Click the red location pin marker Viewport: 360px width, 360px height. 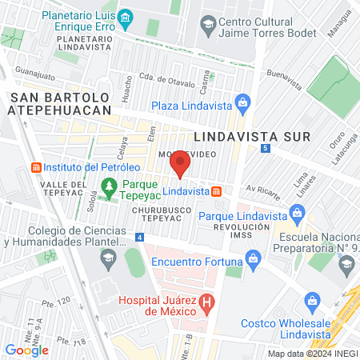pyautogui.click(x=180, y=166)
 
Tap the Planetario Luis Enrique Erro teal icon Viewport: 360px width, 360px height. pyautogui.click(x=126, y=18)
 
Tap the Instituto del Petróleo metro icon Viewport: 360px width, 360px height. pyautogui.click(x=34, y=167)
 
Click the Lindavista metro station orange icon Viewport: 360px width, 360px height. pyautogui.click(x=217, y=191)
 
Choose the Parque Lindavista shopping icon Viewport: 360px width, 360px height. pyautogui.click(x=298, y=214)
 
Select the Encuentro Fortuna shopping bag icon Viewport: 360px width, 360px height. pyautogui.click(x=254, y=258)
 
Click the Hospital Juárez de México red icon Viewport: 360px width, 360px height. pyautogui.click(x=207, y=302)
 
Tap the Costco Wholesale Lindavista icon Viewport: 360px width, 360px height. pyautogui.click(x=313, y=302)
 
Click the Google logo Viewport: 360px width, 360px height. pyautogui.click(x=26, y=350)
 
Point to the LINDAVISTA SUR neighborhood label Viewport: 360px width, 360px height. pyautogui.click(x=240, y=137)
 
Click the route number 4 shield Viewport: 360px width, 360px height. pyautogui.click(x=140, y=238)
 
